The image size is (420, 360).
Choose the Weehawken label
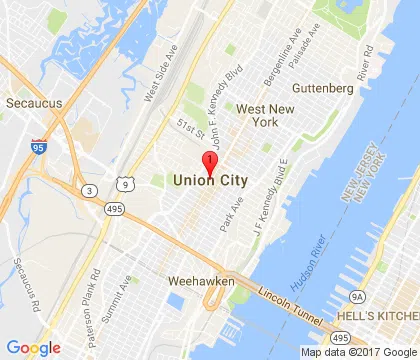tap(200, 281)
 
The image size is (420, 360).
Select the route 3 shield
tap(90, 190)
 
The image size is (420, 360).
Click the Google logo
tap(33, 347)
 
